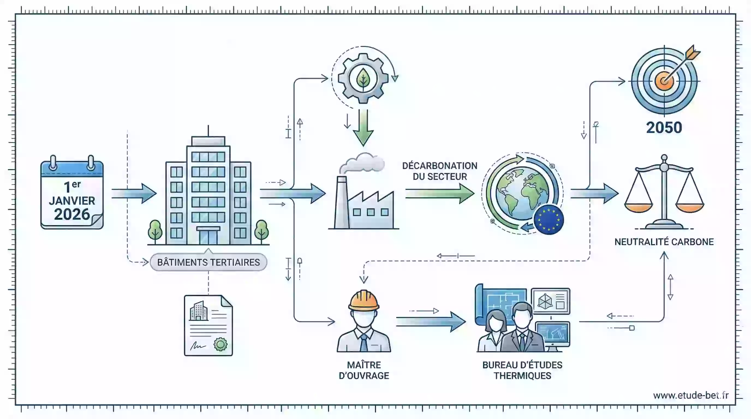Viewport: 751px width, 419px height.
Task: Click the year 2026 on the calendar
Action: [x=72, y=214]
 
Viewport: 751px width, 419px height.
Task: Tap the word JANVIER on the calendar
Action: [x=72, y=201]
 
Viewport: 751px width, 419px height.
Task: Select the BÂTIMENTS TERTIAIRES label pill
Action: [x=208, y=262]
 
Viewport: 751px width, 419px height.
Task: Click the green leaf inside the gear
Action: [x=363, y=78]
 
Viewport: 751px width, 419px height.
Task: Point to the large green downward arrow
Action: [x=363, y=128]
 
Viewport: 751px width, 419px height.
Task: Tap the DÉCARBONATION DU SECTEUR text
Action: [x=440, y=171]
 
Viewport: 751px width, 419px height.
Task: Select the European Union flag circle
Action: [x=549, y=220]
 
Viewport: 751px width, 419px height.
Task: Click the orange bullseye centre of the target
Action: [x=664, y=81]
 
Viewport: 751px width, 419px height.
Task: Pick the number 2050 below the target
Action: [x=664, y=128]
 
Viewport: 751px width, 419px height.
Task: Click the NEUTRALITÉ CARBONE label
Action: [x=664, y=242]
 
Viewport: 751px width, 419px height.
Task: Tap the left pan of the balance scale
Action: [x=639, y=208]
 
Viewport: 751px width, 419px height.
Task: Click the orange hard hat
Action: [x=363, y=300]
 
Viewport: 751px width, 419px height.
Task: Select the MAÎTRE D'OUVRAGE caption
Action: [x=364, y=370]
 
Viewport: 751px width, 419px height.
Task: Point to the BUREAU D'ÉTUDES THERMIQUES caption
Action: [x=522, y=370]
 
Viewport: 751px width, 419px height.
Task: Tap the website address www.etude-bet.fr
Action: [x=691, y=395]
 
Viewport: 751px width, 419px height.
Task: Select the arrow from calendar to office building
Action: [x=134, y=193]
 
